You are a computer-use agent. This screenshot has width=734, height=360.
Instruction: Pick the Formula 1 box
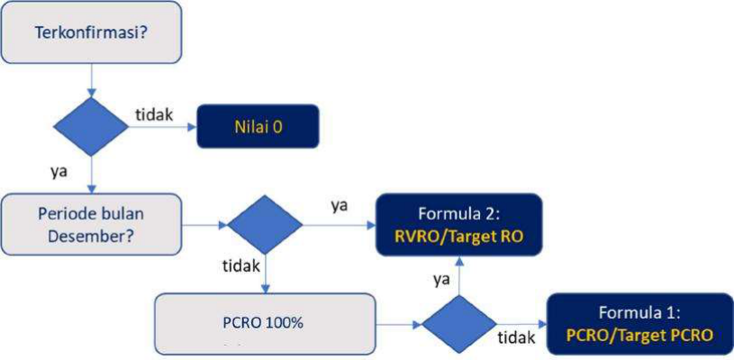click(639, 324)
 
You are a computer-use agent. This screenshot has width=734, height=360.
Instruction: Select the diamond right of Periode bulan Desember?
click(265, 223)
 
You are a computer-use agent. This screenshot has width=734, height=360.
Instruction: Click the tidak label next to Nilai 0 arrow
click(154, 113)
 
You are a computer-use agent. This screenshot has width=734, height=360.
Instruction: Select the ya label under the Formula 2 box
click(442, 278)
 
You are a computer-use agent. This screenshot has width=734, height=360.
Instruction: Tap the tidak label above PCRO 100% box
click(240, 267)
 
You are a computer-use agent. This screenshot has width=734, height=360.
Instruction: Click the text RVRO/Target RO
click(460, 238)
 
